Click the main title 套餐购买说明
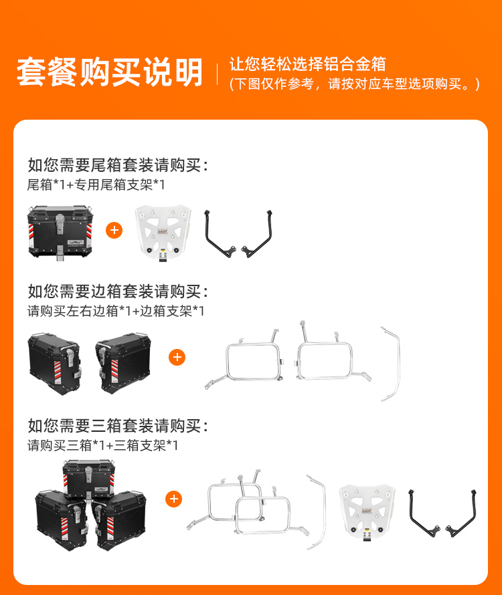(x=110, y=72)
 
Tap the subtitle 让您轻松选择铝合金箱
(x=308, y=64)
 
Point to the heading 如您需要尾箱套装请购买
(x=118, y=165)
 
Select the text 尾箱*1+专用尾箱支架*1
(x=96, y=185)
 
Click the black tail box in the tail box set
(x=60, y=233)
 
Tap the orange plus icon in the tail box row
(x=114, y=231)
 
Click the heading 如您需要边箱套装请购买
(x=118, y=291)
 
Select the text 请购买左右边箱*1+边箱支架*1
(x=116, y=311)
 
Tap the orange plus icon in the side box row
(x=177, y=357)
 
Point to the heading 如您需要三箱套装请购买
(x=118, y=426)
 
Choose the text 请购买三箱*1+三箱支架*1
(x=102, y=445)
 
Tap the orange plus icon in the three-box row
(x=173, y=499)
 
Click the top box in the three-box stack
(x=89, y=479)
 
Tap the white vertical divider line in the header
(x=217, y=74)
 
